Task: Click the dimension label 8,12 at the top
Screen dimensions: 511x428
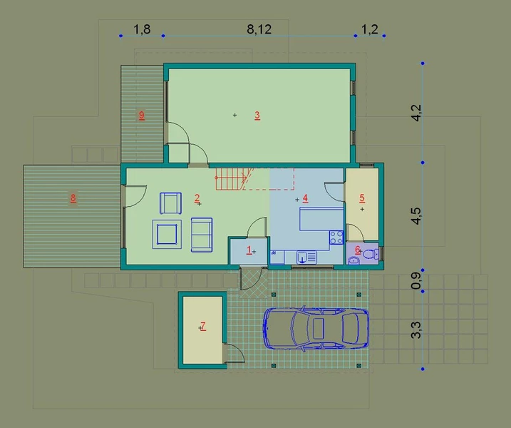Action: [259, 29]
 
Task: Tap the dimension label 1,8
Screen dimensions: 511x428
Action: [142, 29]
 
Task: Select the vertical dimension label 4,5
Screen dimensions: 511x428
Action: [416, 216]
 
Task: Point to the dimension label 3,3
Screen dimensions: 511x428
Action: [416, 330]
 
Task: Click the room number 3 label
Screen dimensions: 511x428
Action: [257, 115]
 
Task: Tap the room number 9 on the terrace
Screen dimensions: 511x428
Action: [141, 115]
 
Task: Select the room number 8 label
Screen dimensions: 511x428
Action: [73, 198]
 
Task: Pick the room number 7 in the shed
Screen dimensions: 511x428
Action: [203, 325]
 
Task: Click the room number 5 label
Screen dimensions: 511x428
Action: [362, 198]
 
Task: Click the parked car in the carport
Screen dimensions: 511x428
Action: [316, 328]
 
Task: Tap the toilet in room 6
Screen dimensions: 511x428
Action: [371, 253]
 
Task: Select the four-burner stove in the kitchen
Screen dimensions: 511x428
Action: [336, 237]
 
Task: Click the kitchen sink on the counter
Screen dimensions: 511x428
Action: [306, 257]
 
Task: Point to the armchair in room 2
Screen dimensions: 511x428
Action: [170, 203]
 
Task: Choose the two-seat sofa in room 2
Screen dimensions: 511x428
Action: [202, 235]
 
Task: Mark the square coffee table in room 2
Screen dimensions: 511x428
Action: [167, 234]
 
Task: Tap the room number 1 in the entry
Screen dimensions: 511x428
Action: [249, 250]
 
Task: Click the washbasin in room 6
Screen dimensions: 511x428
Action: [353, 260]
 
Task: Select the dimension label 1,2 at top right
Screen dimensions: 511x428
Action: [370, 29]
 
